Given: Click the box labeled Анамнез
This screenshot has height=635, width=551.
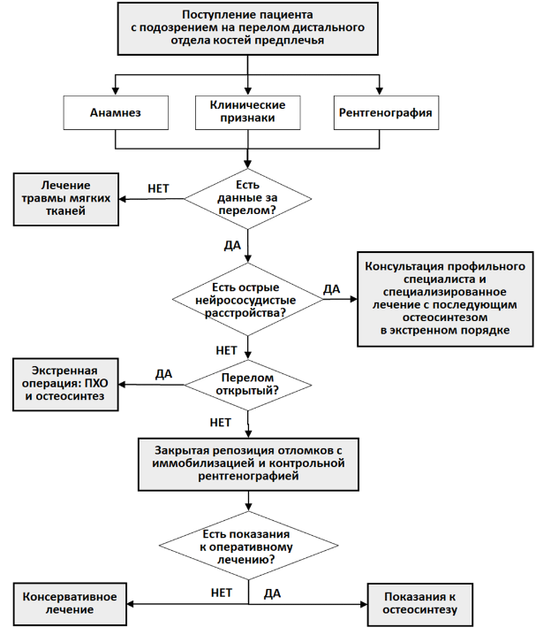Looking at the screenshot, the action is [116, 112].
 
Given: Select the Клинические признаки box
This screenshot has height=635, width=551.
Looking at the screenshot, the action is [248, 112].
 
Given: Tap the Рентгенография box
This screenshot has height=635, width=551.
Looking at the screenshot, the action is [386, 112].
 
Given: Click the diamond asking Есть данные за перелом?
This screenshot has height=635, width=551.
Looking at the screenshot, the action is [248, 198].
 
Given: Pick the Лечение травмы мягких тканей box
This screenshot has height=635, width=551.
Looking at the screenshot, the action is [66, 199].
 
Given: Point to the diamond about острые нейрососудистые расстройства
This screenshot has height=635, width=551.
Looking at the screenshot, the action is [248, 300].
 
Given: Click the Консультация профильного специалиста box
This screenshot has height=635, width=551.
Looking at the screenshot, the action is [445, 299].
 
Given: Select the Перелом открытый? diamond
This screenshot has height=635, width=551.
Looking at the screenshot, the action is [248, 385].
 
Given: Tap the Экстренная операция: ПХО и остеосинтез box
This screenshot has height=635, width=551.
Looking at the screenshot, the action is [65, 385].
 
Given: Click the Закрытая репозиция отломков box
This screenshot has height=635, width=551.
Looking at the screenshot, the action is [248, 464].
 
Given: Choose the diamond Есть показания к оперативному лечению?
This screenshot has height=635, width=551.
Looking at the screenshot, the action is [248, 546].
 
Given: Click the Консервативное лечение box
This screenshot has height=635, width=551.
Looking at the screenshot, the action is [70, 604].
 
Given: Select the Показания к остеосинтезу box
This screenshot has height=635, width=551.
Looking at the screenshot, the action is [420, 604].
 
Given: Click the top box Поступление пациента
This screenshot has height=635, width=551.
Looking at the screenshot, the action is [248, 28].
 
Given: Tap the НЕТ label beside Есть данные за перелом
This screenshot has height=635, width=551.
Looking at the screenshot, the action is [158, 188].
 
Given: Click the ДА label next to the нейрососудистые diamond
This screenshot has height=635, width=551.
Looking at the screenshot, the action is [331, 289].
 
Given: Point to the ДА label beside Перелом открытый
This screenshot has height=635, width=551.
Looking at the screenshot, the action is [163, 374].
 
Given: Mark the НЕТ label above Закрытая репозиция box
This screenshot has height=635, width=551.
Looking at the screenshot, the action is [221, 423].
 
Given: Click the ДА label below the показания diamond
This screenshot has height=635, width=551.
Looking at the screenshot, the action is [272, 593].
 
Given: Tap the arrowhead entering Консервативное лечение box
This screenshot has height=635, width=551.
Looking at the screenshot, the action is [130, 604].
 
